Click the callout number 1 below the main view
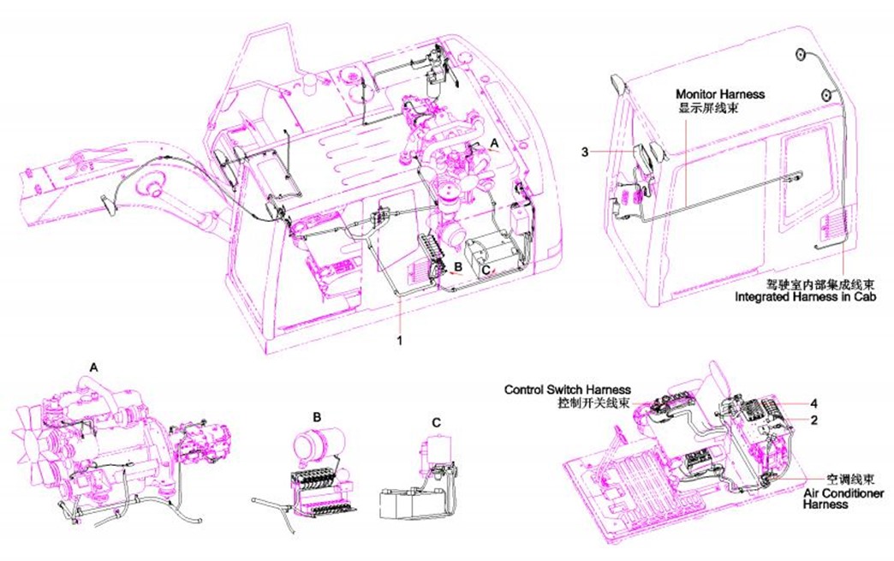click(400, 340)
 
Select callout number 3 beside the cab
click(585, 152)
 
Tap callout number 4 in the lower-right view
click(814, 403)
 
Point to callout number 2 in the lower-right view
click(814, 421)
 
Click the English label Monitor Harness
click(720, 94)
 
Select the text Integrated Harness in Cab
click(805, 297)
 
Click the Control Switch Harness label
click(567, 390)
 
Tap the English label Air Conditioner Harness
click(843, 498)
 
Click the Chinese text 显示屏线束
click(707, 107)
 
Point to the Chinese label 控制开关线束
click(594, 403)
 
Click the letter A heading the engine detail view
click(94, 368)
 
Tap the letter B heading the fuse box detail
click(317, 417)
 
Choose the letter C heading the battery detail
click(436, 422)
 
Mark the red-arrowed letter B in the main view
click(457, 266)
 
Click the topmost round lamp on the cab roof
click(801, 55)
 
